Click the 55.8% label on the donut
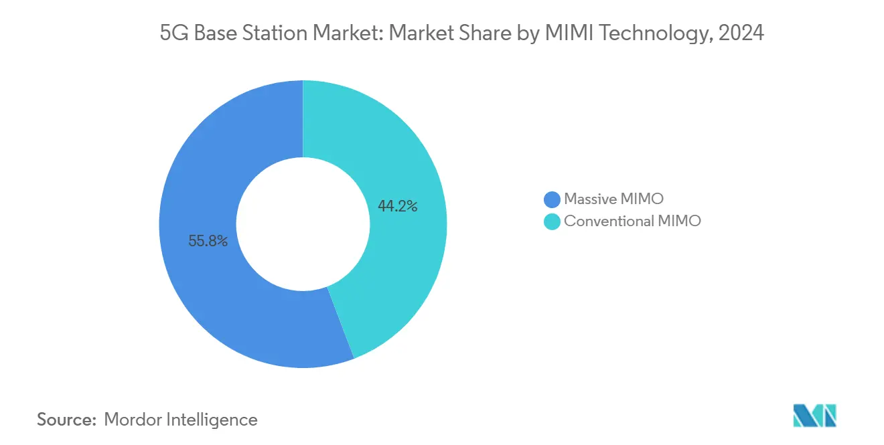(x=208, y=242)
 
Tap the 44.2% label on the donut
(x=397, y=207)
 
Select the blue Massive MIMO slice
(x=201, y=167)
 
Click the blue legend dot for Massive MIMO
(x=552, y=199)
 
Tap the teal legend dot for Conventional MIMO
(x=552, y=221)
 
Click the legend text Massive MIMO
(x=613, y=199)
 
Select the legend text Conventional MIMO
(x=632, y=221)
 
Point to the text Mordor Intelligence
(x=181, y=420)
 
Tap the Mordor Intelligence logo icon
(x=814, y=416)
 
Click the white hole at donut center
(x=303, y=224)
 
